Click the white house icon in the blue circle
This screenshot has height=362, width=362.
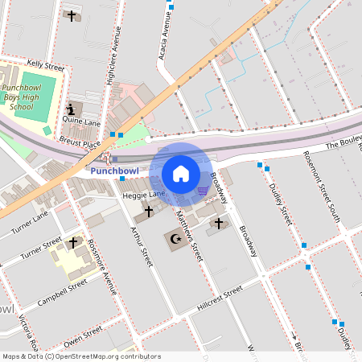click(181, 173)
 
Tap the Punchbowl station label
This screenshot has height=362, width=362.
click(114, 171)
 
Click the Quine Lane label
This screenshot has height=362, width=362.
click(81, 122)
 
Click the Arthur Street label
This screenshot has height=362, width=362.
click(142, 245)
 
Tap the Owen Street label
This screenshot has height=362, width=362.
click(84, 331)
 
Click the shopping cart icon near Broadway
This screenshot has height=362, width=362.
click(203, 191)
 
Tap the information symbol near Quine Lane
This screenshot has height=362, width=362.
click(71, 109)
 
